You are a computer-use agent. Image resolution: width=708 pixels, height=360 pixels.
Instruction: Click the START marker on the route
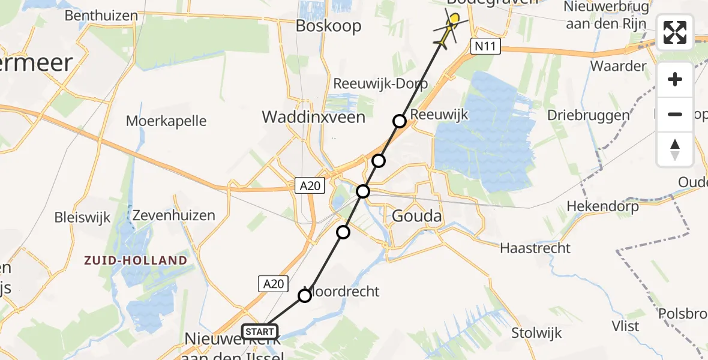[x=260, y=331]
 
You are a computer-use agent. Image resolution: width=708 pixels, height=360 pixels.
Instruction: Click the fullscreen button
[x=675, y=32]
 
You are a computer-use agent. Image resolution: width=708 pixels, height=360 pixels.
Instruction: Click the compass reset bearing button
[x=675, y=149]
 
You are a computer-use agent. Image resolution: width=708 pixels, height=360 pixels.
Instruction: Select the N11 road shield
[x=485, y=47]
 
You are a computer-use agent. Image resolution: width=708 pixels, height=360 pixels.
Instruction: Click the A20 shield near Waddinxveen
[x=310, y=187]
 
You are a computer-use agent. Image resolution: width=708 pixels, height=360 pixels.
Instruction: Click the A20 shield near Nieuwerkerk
[x=274, y=284]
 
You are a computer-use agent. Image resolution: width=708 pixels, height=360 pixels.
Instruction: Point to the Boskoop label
[x=329, y=26]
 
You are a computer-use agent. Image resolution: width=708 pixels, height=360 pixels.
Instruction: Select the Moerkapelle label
[x=166, y=121]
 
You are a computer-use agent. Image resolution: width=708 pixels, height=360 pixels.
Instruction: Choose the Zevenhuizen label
[x=174, y=215]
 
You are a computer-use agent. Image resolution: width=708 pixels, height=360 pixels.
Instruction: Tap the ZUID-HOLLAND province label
[x=136, y=260]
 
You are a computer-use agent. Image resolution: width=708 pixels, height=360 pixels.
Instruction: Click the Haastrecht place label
[x=535, y=247]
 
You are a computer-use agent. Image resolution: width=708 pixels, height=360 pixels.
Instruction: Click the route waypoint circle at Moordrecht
[x=305, y=295]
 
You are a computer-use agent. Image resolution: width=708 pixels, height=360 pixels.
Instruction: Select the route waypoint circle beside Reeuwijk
[x=400, y=121]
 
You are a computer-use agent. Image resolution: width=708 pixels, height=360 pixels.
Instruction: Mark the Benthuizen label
[x=101, y=16]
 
